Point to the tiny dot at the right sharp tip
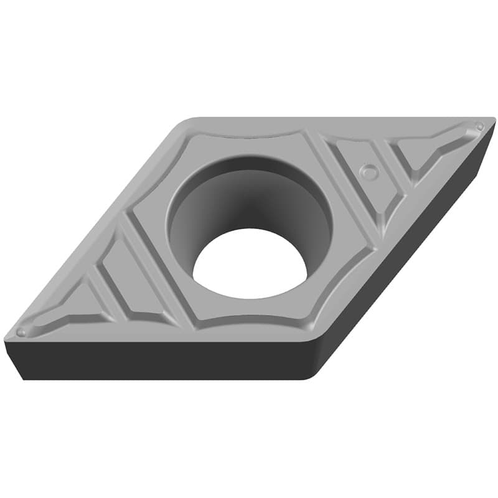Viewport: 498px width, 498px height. coord(479,126)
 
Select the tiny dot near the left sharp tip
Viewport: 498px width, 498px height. coord(22,332)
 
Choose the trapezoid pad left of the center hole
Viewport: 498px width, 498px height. coord(128,274)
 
